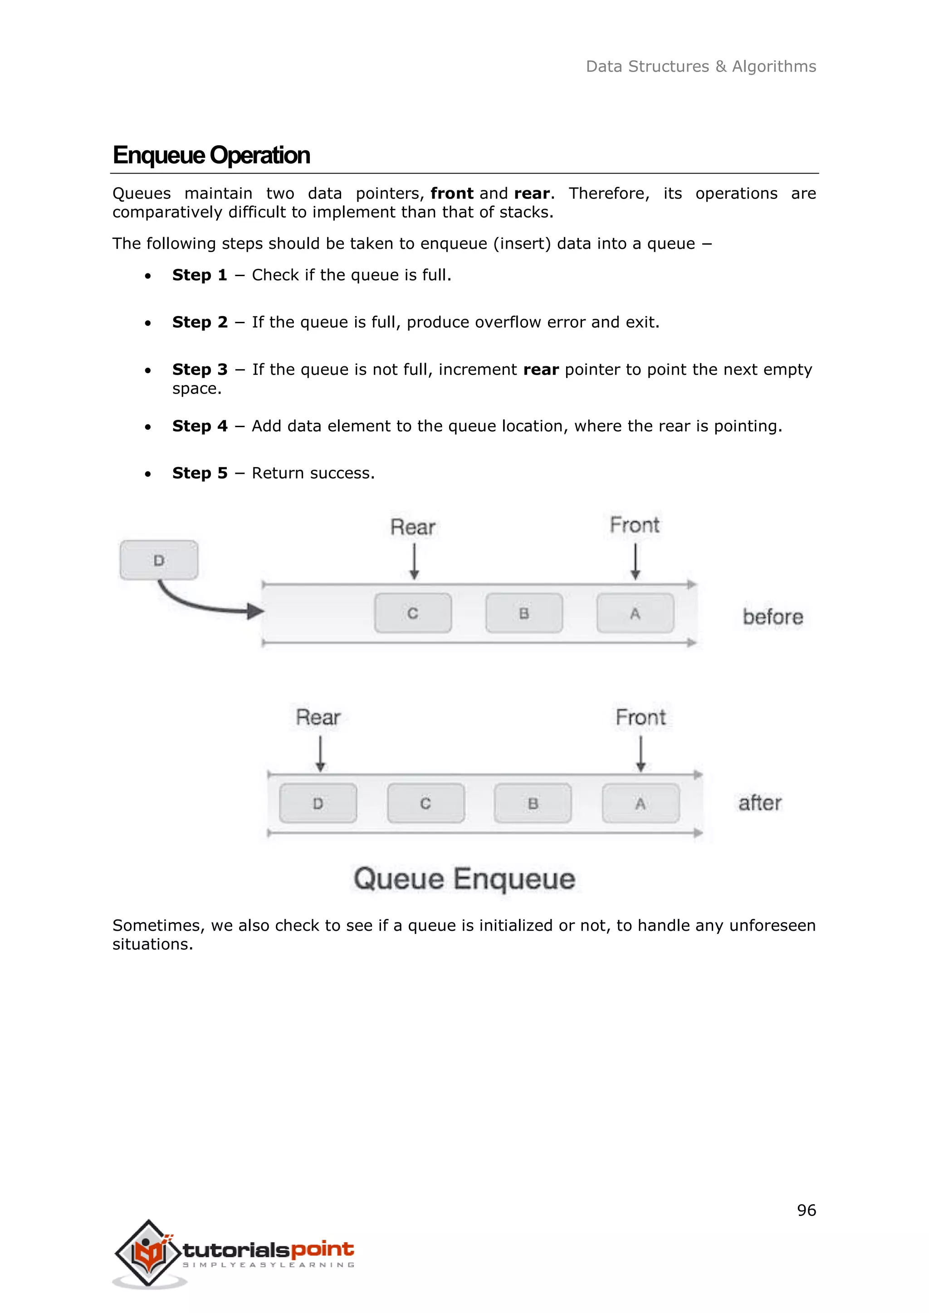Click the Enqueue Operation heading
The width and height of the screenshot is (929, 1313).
point(211,155)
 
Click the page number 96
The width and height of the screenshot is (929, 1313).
point(806,1210)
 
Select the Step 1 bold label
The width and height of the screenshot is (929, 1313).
point(200,275)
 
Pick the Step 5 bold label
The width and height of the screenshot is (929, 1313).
point(200,473)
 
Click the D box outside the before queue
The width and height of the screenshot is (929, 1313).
point(159,560)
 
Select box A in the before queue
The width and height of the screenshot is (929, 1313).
point(635,613)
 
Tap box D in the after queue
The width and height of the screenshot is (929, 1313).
point(318,803)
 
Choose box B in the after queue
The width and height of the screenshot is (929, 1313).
point(533,803)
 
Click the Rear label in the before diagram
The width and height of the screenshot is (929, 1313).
point(412,527)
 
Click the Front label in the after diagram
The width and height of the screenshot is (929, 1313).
point(640,717)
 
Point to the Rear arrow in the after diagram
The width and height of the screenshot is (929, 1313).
point(320,753)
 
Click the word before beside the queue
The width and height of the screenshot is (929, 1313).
point(772,617)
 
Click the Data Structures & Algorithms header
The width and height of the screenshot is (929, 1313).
point(701,66)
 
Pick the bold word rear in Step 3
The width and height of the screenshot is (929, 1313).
point(541,370)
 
